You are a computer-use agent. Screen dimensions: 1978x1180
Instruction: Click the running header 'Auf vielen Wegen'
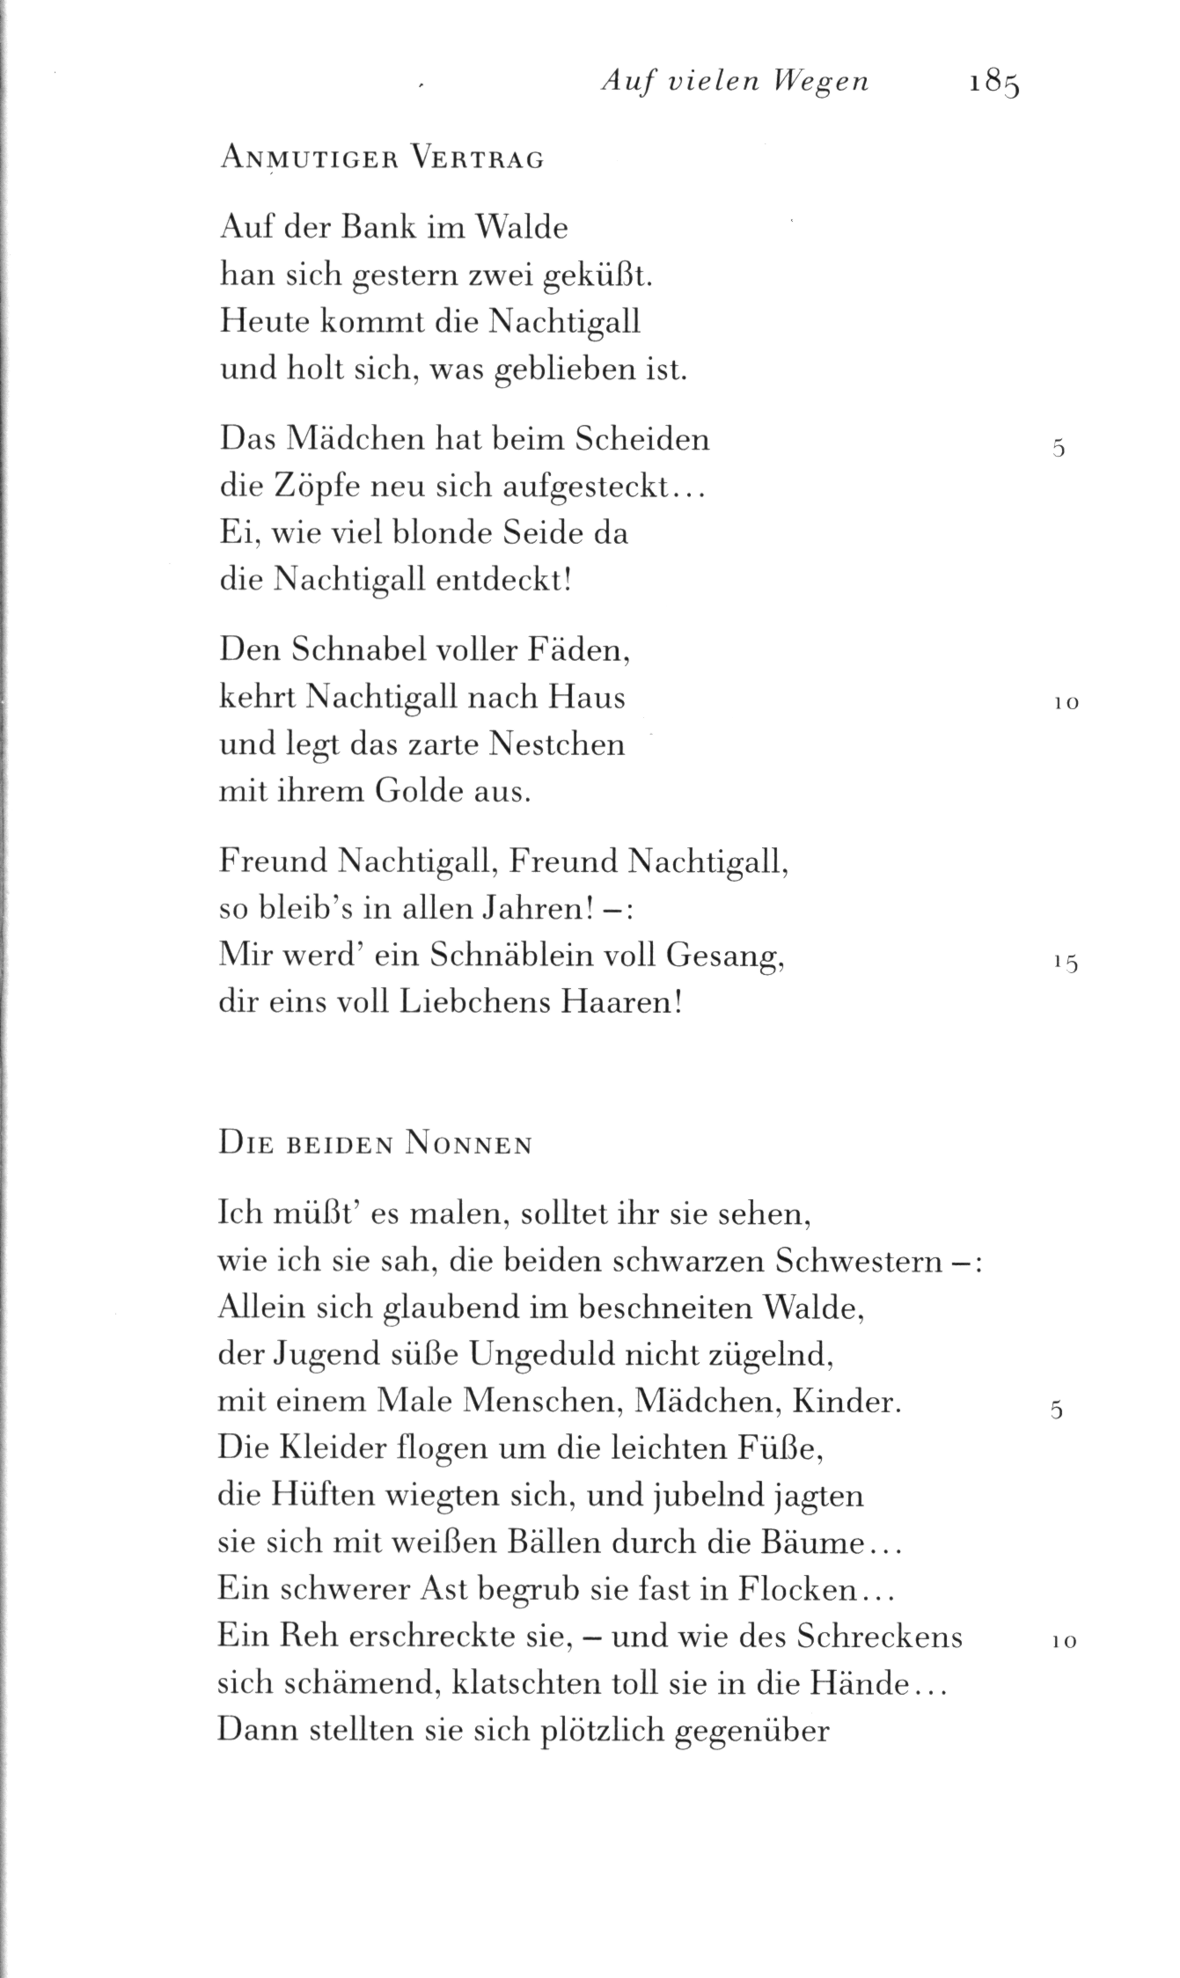click(735, 82)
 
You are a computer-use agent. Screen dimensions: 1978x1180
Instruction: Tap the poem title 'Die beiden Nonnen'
click(375, 1145)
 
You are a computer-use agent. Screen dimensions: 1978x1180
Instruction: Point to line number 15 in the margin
click(1065, 963)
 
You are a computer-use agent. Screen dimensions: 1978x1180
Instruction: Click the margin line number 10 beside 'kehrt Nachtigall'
click(1065, 704)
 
